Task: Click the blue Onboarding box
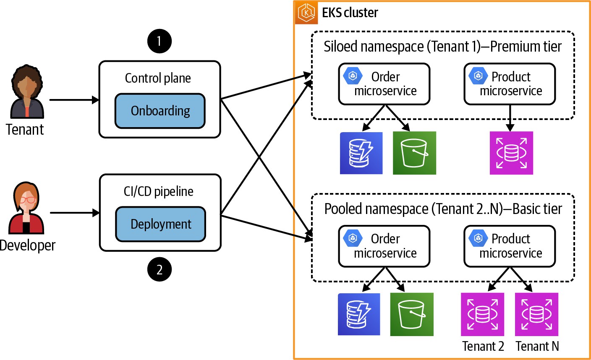click(160, 111)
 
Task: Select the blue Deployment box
click(160, 224)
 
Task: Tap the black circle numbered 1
click(159, 41)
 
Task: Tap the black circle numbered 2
click(159, 269)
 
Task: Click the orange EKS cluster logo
click(306, 13)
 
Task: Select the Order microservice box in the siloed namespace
click(384, 84)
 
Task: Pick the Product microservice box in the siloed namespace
click(510, 84)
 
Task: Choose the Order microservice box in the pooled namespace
click(384, 246)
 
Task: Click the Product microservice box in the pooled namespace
click(510, 246)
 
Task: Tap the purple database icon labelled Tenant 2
click(482, 314)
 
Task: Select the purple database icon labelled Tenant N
click(536, 314)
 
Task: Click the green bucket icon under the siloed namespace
click(414, 153)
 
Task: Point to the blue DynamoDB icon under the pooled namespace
click(359, 314)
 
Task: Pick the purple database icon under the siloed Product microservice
click(511, 153)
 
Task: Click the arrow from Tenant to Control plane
click(74, 100)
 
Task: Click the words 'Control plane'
click(158, 78)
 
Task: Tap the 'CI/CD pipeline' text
click(159, 192)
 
